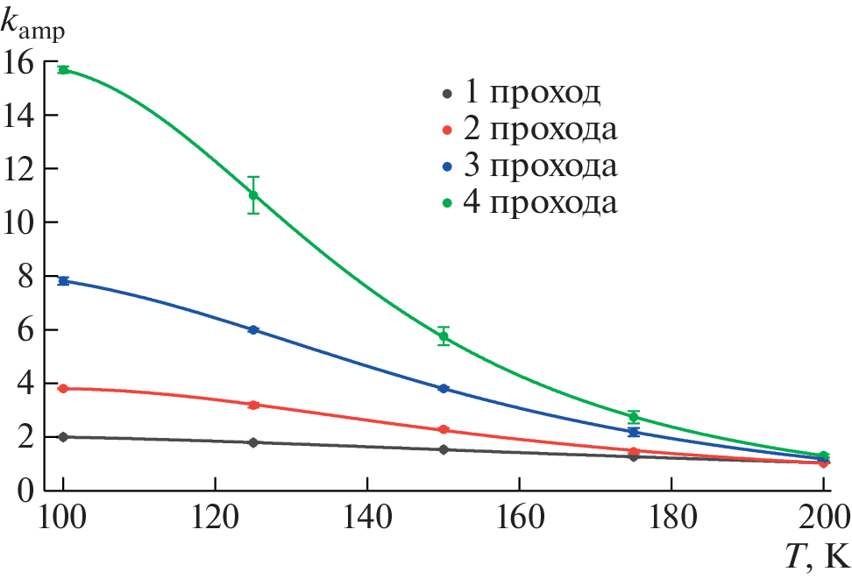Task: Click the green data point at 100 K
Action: point(63,69)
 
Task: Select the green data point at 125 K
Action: point(253,194)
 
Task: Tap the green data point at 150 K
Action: point(444,336)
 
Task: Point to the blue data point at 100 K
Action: point(63,280)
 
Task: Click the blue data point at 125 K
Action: point(253,329)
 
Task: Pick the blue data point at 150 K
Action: point(444,388)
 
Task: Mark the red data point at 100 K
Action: point(63,388)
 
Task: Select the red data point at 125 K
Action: point(253,405)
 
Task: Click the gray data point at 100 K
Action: point(63,436)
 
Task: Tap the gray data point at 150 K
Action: point(444,449)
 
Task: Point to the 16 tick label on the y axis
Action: point(18,61)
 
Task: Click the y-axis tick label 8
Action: point(25,277)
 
